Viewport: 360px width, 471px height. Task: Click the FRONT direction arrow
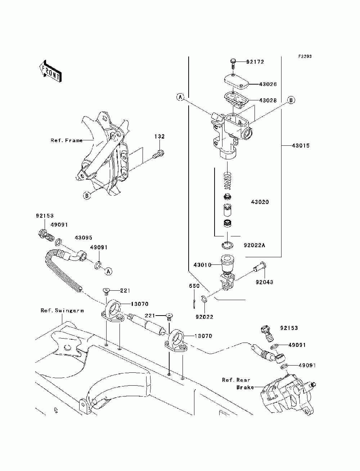point(50,71)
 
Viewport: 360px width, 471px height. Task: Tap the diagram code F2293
point(305,56)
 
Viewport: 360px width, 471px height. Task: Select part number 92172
point(255,62)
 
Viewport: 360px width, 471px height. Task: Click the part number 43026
point(268,84)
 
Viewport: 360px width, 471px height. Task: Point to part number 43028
point(268,100)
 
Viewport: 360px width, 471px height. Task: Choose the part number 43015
point(301,146)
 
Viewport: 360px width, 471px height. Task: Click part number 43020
point(260,202)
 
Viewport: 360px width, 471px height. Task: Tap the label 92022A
point(255,245)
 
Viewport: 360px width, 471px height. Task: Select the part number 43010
point(202,265)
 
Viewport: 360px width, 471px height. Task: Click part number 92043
point(264,282)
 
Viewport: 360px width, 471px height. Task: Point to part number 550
point(194,286)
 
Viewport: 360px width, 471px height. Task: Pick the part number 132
point(159,136)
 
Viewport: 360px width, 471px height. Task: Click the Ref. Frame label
point(67,141)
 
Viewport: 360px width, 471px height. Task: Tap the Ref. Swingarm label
point(62,311)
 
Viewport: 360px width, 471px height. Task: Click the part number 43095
point(83,238)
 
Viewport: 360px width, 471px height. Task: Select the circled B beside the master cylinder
point(291,100)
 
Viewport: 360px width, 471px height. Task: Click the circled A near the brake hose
point(108,271)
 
